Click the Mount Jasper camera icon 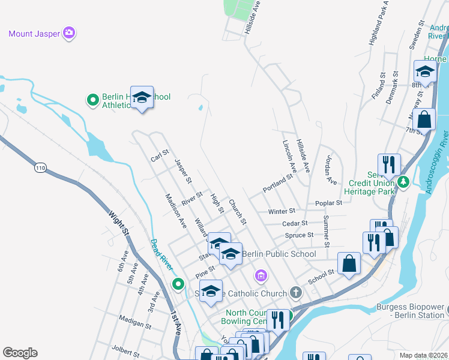click(70, 33)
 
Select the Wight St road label click(118, 222)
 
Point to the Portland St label click(277, 184)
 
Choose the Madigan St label click(135, 322)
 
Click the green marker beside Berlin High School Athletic click(93, 99)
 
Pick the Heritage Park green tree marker click(404, 181)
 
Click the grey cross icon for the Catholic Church click(295, 293)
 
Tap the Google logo click(20, 353)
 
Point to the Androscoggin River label click(436, 162)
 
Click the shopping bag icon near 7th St click(424, 119)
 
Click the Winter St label click(282, 211)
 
